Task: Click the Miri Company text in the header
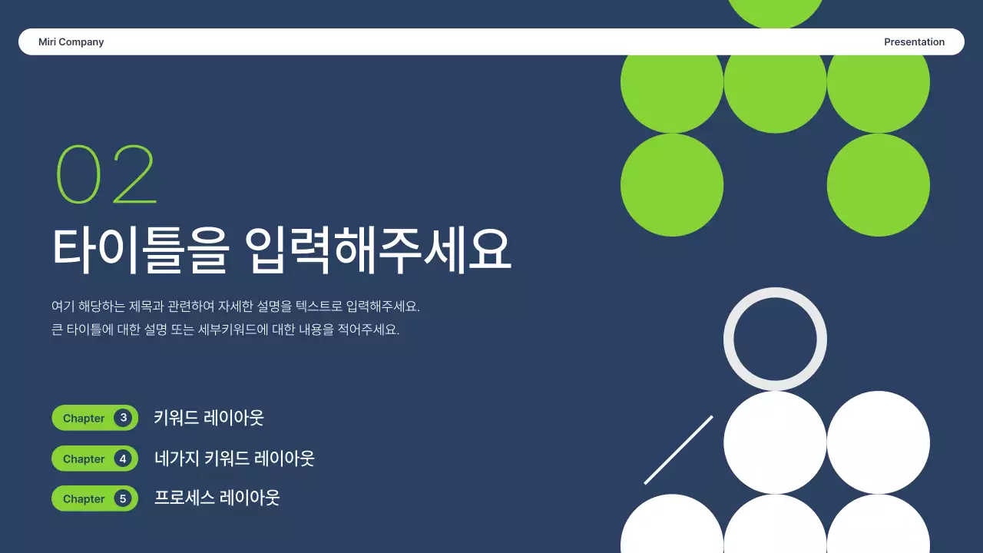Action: point(71,42)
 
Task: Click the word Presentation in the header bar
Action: point(914,42)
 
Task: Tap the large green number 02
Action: point(106,175)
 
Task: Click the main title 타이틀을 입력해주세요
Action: point(281,249)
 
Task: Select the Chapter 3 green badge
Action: point(94,418)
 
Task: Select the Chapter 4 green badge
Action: point(94,459)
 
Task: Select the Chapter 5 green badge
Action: point(94,498)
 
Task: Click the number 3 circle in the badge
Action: point(123,418)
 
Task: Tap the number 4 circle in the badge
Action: point(123,459)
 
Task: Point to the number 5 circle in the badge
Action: point(123,498)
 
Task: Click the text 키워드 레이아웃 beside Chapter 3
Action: point(208,418)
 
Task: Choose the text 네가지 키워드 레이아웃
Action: point(234,459)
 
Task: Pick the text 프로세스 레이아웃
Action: point(217,498)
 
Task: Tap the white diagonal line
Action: point(678,450)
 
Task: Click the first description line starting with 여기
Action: point(235,306)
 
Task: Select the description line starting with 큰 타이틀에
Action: point(225,330)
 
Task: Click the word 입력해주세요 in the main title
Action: point(379,249)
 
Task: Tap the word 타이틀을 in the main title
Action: point(141,249)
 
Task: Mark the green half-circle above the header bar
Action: point(775,12)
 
